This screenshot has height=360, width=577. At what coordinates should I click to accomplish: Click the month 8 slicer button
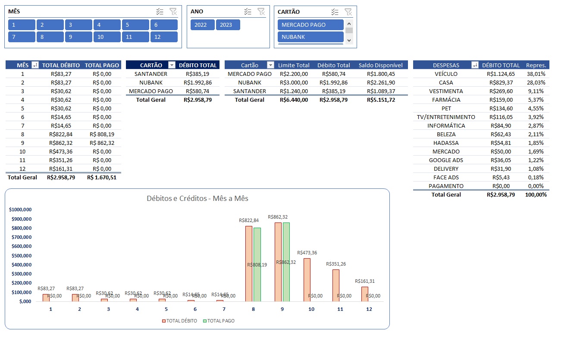pos(50,37)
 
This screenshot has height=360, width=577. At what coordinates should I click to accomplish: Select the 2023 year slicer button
pos(228,25)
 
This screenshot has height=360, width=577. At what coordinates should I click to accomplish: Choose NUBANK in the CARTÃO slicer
pos(310,37)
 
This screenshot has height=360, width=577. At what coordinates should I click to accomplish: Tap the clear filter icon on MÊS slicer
pos(173,12)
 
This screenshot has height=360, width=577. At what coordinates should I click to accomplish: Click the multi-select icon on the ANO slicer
pos(248,12)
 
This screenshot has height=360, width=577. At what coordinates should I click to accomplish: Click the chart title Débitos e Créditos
pos(197,198)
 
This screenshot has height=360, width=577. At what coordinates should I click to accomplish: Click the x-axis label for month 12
pos(369,309)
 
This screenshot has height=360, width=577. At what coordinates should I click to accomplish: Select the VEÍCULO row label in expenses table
pos(446,74)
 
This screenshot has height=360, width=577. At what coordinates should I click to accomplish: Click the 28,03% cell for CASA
pos(536,82)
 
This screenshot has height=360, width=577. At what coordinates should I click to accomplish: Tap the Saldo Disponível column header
pos(380,65)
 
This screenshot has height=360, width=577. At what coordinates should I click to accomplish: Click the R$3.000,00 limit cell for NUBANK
pos(293,82)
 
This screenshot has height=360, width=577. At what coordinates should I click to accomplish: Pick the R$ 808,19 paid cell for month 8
pos(102,134)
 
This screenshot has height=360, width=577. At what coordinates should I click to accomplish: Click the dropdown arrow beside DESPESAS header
pos(475,65)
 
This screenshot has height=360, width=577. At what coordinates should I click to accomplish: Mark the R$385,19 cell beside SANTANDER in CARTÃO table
pos(198,74)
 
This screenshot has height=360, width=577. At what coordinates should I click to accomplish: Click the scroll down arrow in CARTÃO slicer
pos(349,40)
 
